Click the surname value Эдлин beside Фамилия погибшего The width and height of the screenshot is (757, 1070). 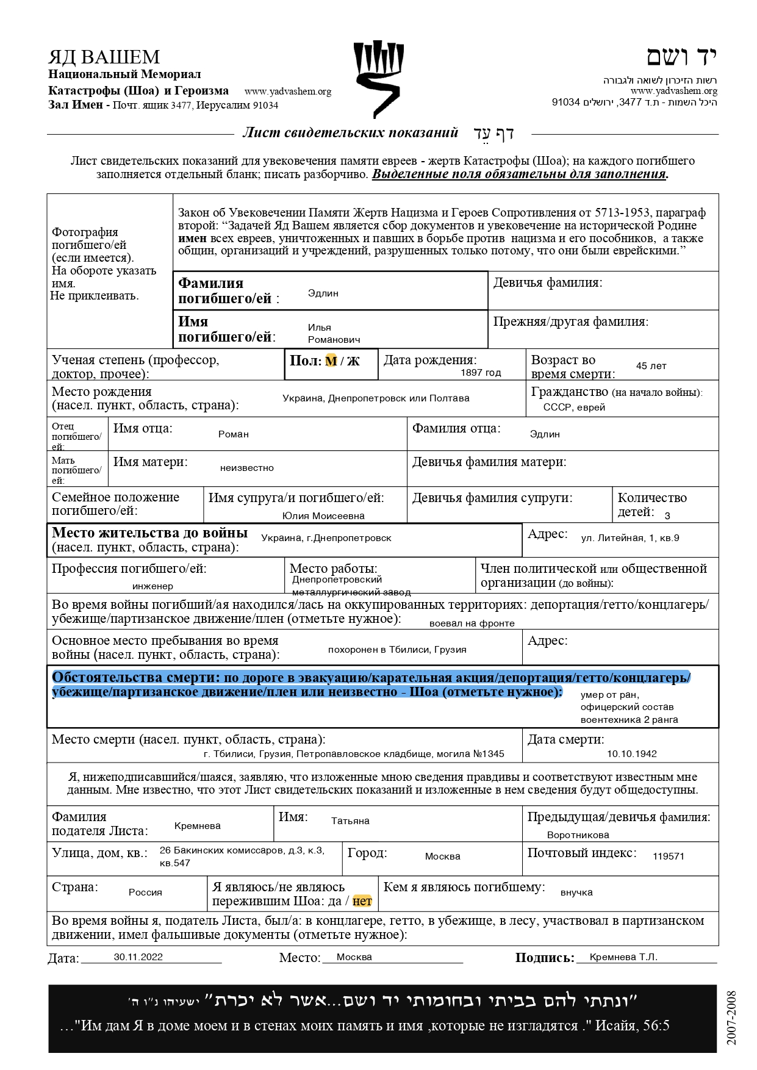pos(323,293)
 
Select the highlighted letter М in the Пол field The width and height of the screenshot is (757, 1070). pos(331,361)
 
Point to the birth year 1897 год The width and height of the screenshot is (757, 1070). pos(481,373)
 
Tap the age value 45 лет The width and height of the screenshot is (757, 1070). pos(651,366)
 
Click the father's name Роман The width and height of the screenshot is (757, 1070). pos(234,434)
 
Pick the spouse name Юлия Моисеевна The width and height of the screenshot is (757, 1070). pos(323,516)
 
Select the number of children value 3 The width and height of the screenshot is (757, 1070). pos(667,516)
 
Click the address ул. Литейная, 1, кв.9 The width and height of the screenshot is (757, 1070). pos(630,538)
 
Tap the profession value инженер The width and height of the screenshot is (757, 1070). pos(152,586)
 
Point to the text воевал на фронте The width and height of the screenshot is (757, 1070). pos(472,623)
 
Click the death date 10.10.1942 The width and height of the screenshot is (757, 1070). pos(631,754)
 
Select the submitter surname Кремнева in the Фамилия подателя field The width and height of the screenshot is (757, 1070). pos(197,826)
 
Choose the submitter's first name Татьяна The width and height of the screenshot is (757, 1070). pos(350,821)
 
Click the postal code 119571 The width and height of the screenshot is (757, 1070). pos(668,856)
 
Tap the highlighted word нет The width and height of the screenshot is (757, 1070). pos(362,901)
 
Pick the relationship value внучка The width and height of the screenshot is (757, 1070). pos(576,892)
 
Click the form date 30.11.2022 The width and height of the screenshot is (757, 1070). pos(138,957)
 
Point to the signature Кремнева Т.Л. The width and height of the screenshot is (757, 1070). pos(623,957)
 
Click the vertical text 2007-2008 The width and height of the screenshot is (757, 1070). pos(731,1018)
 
